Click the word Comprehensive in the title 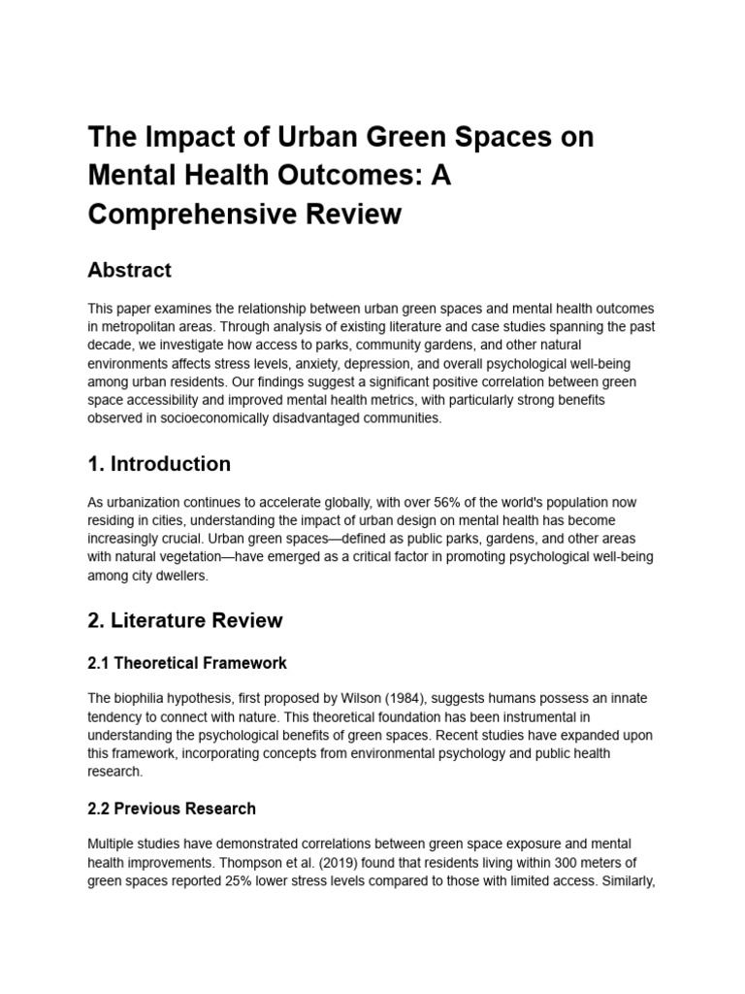pos(183,214)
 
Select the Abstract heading pos(129,270)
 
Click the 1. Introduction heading pos(159,464)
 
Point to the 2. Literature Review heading pos(185,619)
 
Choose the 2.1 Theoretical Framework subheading pos(187,663)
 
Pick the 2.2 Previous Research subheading pos(172,809)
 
